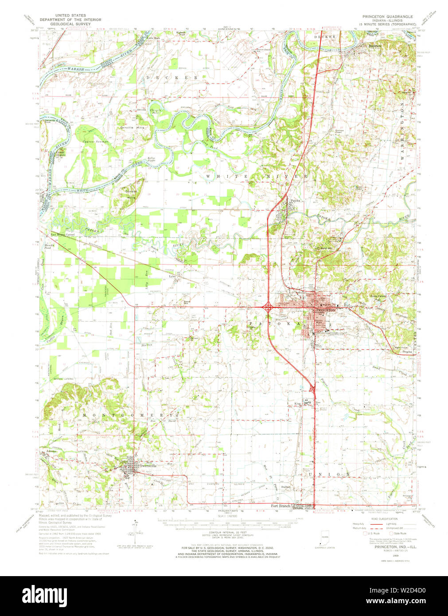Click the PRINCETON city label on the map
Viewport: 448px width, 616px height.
pyautogui.click(x=327, y=310)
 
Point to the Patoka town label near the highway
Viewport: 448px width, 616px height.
pyautogui.click(x=295, y=201)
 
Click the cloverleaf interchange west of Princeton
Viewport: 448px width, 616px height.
pyautogui.click(x=268, y=306)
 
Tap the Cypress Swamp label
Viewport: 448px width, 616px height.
pyautogui.click(x=95, y=142)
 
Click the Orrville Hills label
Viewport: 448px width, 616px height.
pyautogui.click(x=132, y=128)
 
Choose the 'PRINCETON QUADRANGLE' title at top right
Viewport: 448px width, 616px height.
pyautogui.click(x=387, y=16)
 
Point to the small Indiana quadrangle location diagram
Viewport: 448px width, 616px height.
pyautogui.click(x=325, y=542)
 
